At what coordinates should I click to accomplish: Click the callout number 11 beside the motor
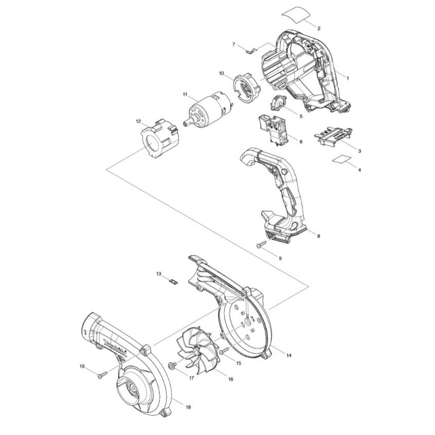185,94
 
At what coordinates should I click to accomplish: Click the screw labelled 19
102,375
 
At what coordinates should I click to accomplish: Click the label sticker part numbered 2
296,15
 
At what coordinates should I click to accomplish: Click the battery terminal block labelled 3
333,135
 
